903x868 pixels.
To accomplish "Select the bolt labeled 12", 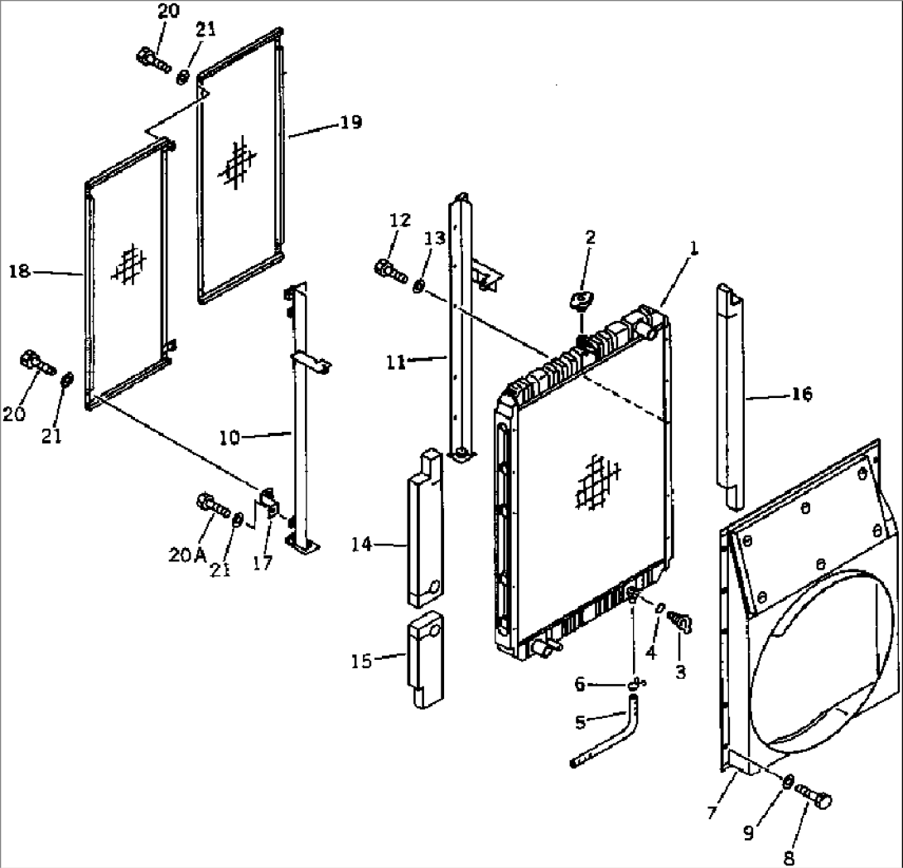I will pos(389,269).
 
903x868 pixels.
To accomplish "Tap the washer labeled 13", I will pos(420,286).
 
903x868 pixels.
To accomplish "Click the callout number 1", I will pos(694,248).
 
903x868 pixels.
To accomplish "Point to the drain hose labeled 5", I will pos(609,737).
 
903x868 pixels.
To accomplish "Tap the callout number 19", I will pos(350,122).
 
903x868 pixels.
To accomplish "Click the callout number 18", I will pos(20,271).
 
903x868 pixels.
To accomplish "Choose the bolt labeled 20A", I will pos(212,504).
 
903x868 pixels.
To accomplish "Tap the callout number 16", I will pos(802,394).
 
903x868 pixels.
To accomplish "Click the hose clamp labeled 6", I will pos(636,683).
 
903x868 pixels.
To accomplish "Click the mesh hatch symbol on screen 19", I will pos(234,161).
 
